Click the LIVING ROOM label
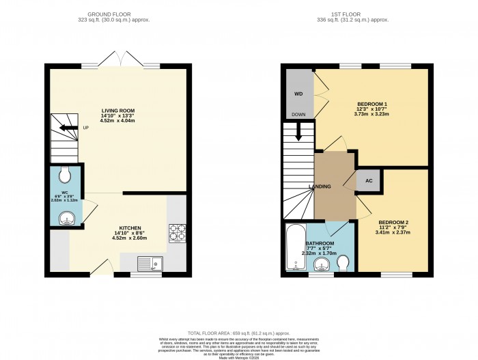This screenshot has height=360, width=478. pos(117,111)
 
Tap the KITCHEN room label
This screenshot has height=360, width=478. pos(130,227)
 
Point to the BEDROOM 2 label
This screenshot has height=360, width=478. pos(393,223)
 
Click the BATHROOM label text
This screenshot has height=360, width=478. pos(320,243)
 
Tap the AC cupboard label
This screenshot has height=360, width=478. pos(368,181)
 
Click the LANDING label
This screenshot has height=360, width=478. pos(320,186)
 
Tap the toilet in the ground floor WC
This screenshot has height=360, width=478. pos(66,176)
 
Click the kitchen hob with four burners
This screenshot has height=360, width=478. pos(177,232)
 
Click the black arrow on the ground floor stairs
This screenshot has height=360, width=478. pos(67,128)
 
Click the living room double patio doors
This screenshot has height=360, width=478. pos(121,63)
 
